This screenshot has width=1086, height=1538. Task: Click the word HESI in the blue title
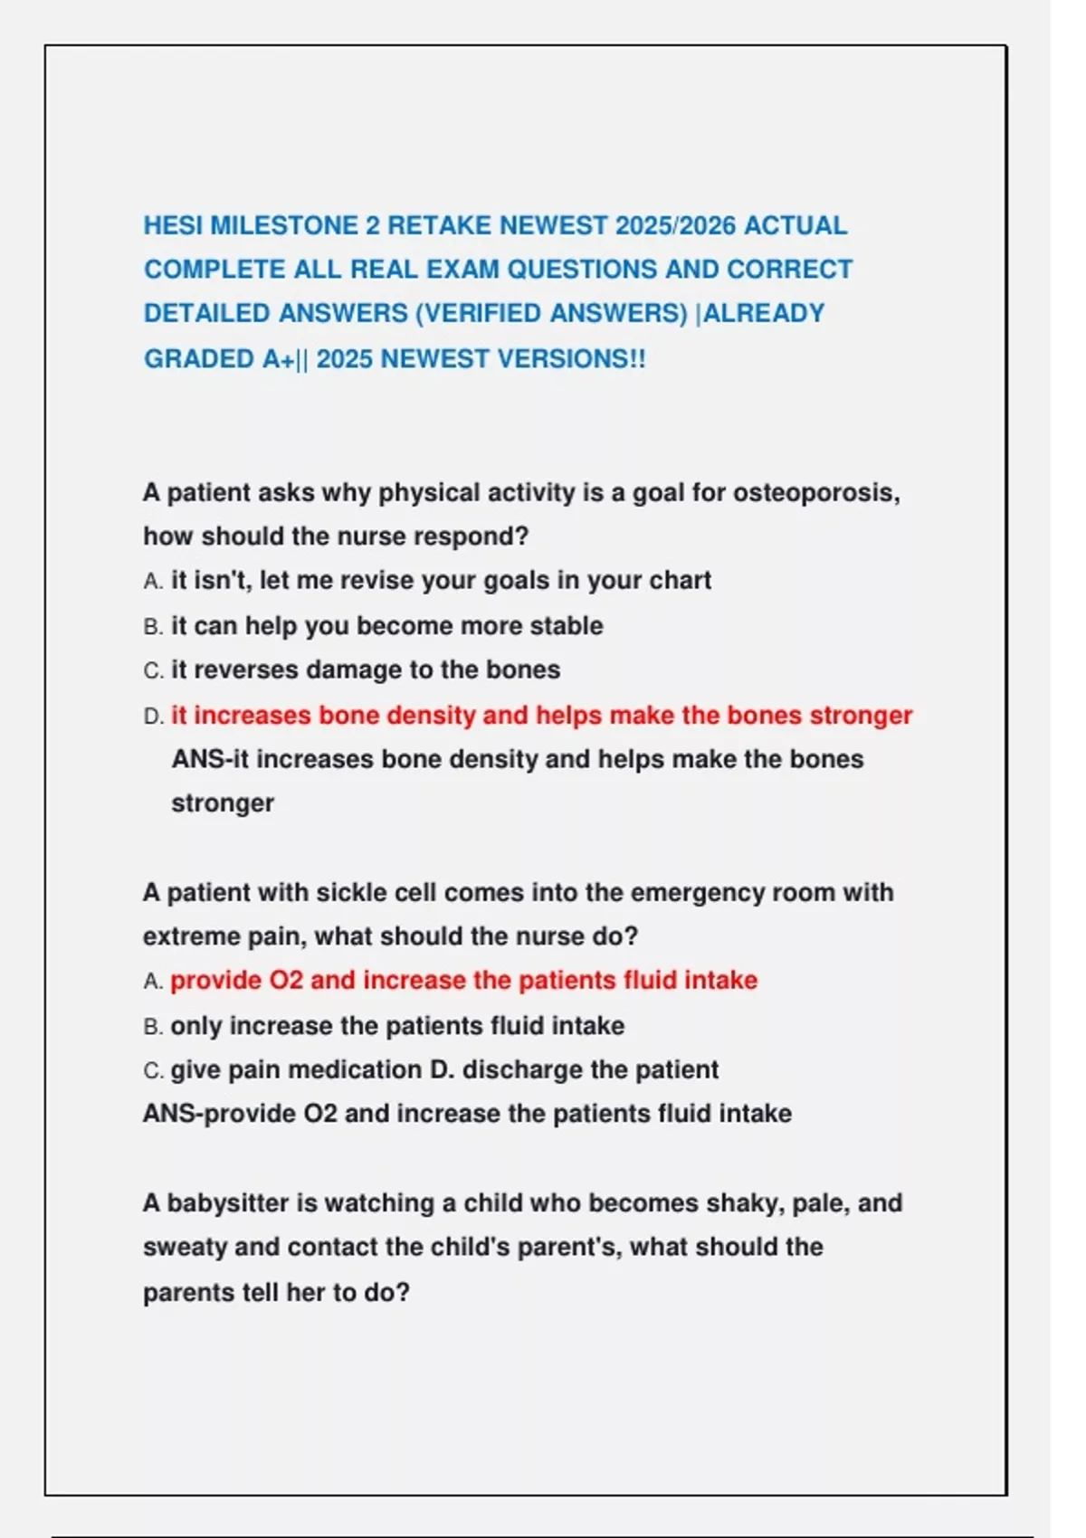coord(173,225)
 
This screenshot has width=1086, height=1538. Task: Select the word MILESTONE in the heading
coord(284,225)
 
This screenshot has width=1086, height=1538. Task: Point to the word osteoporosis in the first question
coord(815,493)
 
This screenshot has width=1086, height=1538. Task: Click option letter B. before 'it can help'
coord(153,626)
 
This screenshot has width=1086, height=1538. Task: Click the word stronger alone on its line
coord(223,803)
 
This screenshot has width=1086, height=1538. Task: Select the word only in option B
coord(195,1026)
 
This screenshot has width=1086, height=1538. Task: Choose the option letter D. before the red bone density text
coord(153,717)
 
